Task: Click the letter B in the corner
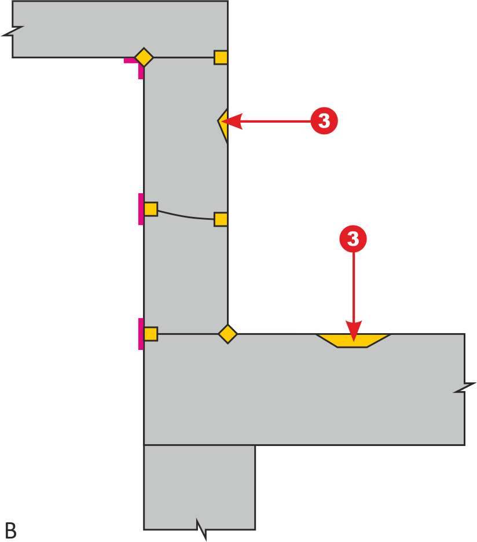pyautogui.click(x=11, y=530)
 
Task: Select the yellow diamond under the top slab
pyautogui.click(x=144, y=57)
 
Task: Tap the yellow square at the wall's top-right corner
pyautogui.click(x=221, y=57)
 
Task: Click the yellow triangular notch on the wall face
pyautogui.click(x=223, y=125)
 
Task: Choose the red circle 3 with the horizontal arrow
pyautogui.click(x=324, y=121)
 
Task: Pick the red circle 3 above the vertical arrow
pyautogui.click(x=353, y=239)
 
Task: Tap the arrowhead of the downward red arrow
pyautogui.click(x=354, y=331)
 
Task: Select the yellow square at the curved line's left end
pyautogui.click(x=151, y=209)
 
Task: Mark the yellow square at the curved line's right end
pyautogui.click(x=221, y=219)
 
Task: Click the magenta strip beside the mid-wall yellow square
pyautogui.click(x=141, y=209)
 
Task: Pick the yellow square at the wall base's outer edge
pyautogui.click(x=151, y=334)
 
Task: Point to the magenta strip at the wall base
pyautogui.click(x=141, y=334)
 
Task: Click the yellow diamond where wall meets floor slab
pyautogui.click(x=228, y=334)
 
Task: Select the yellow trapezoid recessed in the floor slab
pyautogui.click(x=353, y=341)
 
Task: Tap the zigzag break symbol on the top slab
pyautogui.click(x=13, y=31)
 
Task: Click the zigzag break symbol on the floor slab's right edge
pyautogui.click(x=465, y=388)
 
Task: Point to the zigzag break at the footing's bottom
pyautogui.click(x=201, y=529)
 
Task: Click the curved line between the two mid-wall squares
pyautogui.click(x=185, y=216)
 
